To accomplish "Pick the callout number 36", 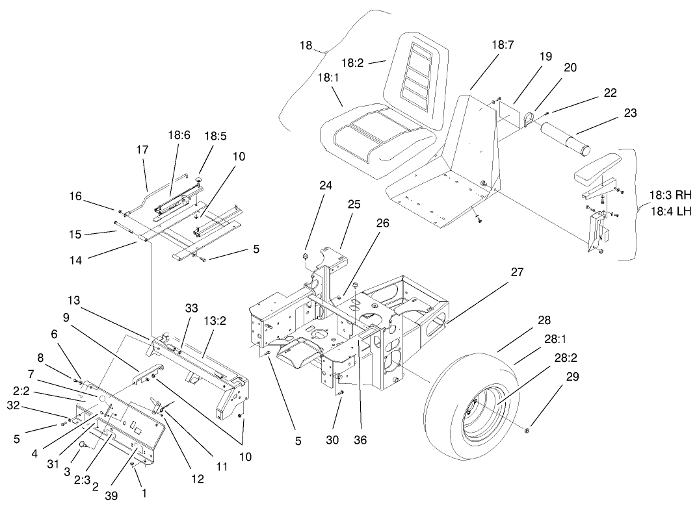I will coord(360,439).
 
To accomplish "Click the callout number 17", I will coord(142,149).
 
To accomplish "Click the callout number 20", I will coord(570,68).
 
